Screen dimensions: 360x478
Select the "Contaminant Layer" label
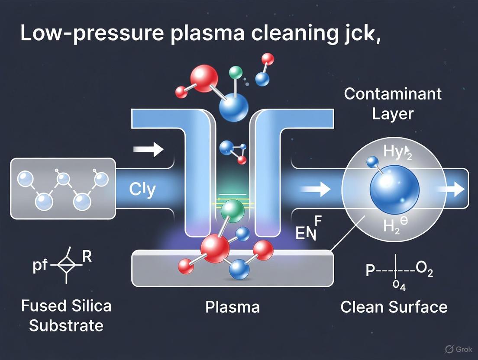[x=393, y=103]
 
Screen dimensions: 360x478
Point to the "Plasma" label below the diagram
[x=233, y=307]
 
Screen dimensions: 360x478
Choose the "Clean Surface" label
[x=394, y=307]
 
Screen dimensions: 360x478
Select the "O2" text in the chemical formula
[x=424, y=271]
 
